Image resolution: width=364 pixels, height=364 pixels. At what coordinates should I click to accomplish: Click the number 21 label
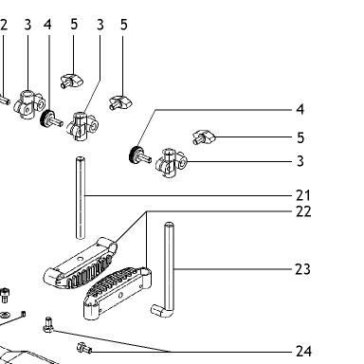303,195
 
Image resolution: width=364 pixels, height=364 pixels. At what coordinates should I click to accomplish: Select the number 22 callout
303,211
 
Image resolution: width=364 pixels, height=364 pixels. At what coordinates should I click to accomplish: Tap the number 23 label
302,269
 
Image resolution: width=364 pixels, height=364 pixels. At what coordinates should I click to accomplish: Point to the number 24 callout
303,351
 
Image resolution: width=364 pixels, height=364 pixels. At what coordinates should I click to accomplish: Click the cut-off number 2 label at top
3,25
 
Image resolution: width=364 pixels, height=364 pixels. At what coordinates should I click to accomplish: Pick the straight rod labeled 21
81,198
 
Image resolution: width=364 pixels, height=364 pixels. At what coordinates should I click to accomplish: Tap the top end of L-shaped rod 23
170,226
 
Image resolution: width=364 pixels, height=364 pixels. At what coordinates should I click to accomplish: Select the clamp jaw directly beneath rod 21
80,264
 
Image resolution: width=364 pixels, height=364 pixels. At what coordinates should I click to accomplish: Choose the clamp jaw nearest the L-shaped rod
118,293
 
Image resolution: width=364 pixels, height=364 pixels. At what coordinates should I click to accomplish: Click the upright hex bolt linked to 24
48,325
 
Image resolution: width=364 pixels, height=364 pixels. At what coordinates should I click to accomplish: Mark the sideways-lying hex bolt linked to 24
84,349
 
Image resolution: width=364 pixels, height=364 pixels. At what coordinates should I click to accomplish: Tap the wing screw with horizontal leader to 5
204,136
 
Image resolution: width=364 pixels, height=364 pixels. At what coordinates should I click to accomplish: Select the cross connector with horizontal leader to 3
171,163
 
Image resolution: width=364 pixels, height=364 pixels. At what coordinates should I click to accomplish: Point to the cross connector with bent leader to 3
82,126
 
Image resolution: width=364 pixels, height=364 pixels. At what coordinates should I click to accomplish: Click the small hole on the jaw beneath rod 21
80,259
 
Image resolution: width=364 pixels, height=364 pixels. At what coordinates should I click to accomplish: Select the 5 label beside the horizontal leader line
300,137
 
